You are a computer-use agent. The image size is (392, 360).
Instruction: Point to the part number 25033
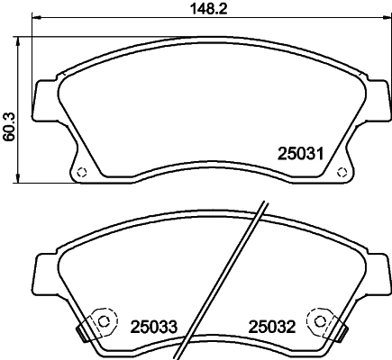tap(154, 325)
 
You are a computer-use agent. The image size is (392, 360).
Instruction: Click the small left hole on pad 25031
tap(79, 173)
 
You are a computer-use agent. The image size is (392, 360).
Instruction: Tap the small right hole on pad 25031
tap(341, 173)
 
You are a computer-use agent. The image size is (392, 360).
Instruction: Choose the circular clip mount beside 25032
tap(318, 319)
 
